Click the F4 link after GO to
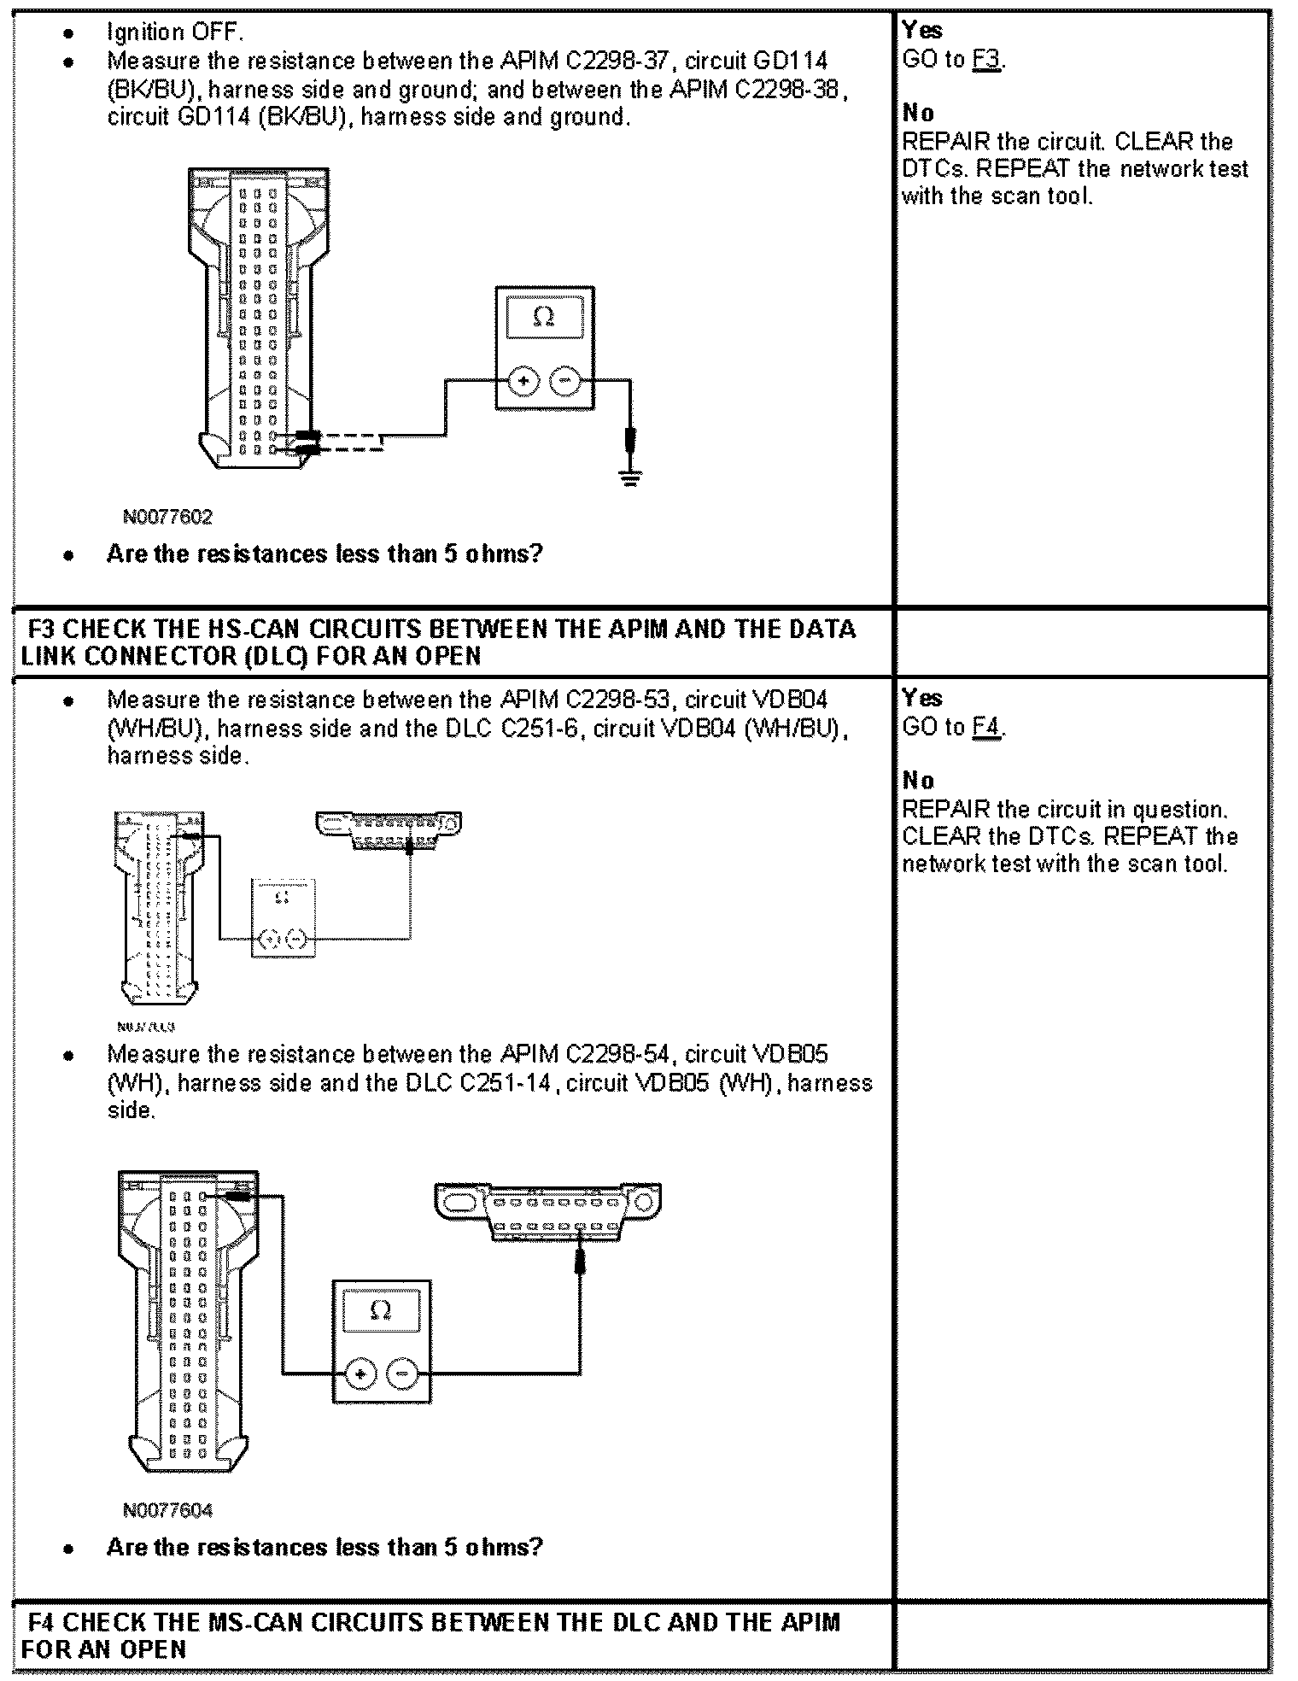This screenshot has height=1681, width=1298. [x=986, y=727]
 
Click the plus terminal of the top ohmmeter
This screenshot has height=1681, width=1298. [x=523, y=381]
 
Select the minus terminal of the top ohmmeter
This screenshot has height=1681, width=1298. [x=564, y=381]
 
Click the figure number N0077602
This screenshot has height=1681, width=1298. [x=167, y=517]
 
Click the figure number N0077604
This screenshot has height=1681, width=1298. [x=167, y=1510]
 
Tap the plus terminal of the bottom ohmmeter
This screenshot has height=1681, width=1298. [x=360, y=1373]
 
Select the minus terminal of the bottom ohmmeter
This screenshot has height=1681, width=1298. [x=402, y=1373]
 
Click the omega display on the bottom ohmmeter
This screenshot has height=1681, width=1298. [x=381, y=1310]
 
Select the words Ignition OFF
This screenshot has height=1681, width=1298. [x=175, y=32]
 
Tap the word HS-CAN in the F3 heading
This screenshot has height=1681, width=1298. [x=254, y=630]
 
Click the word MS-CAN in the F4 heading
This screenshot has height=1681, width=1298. [x=254, y=1622]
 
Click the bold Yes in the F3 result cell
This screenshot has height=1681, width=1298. [x=922, y=698]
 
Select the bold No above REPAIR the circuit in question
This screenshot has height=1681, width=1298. [x=918, y=780]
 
